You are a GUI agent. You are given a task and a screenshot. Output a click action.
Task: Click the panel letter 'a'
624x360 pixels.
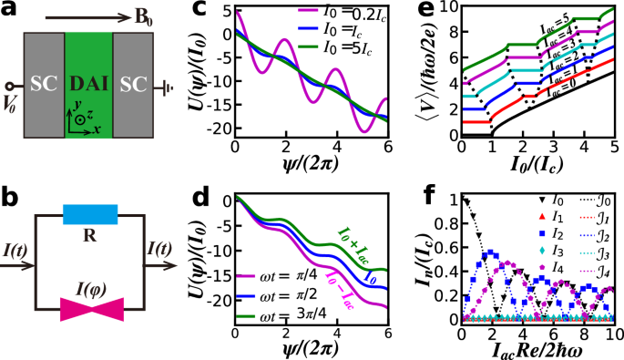[x=9, y=12]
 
